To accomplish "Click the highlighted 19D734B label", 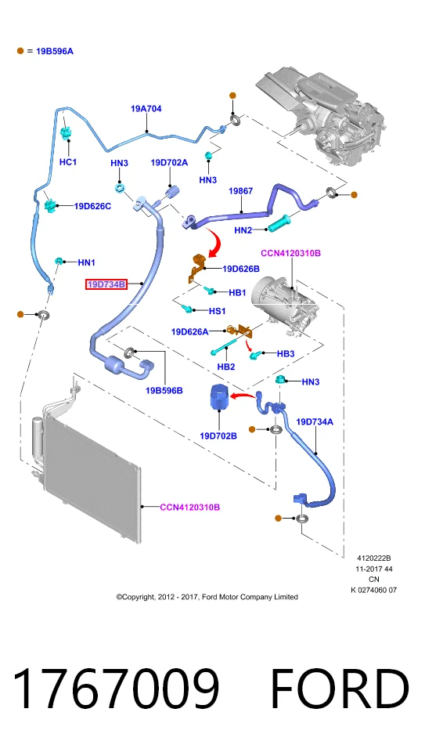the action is click(x=106, y=284).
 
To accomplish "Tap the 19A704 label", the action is click(x=146, y=109).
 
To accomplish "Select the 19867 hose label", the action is click(x=241, y=191).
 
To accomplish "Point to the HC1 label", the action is click(x=68, y=162).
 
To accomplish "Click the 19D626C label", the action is click(x=92, y=206).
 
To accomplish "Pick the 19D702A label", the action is click(x=169, y=163).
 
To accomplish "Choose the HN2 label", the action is click(x=243, y=230).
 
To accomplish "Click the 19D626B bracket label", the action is click(x=241, y=269).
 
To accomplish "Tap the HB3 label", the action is click(x=286, y=353).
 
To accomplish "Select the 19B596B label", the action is click(x=164, y=390).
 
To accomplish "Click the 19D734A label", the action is click(x=315, y=421).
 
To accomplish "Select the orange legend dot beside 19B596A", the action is click(x=20, y=51).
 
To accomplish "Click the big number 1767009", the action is click(x=116, y=689).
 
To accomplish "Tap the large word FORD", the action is click(x=340, y=689).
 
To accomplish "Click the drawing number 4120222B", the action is click(x=374, y=559).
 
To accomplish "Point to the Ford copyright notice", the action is click(x=207, y=597).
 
